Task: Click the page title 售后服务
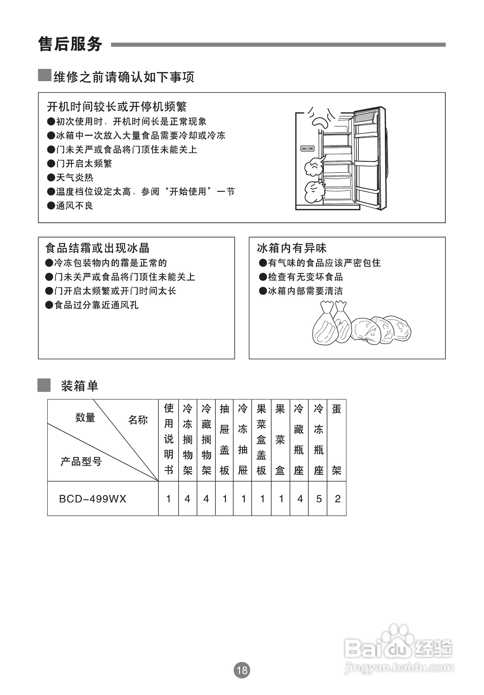tap(70, 44)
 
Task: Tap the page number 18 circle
tap(242, 670)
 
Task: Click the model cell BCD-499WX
tap(93, 498)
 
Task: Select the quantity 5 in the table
tap(319, 498)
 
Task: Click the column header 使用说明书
tap(169, 439)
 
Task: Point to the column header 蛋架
tap(336, 439)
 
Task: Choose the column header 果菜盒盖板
tap(261, 439)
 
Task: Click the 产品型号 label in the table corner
tap(81, 462)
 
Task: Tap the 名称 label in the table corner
tap(138, 420)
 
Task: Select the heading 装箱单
tap(80, 386)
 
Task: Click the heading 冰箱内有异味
tap(292, 248)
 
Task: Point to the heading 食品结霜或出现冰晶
tap(97, 248)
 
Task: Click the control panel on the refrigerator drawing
tap(307, 149)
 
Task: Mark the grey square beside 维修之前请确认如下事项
tap(44, 75)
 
